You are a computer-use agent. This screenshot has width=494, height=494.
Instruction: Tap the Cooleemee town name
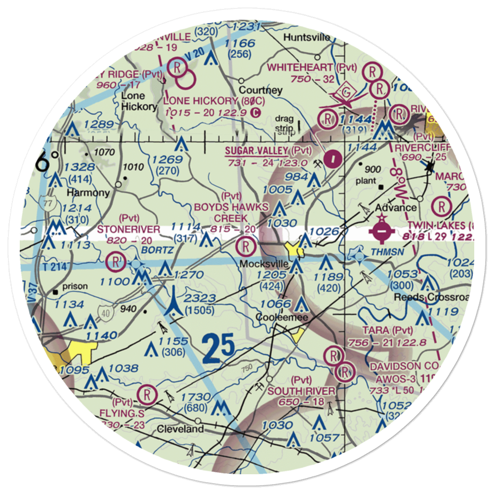(279, 318)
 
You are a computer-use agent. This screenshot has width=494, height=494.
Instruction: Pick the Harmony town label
(88, 192)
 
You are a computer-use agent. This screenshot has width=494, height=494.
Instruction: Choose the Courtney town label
(260, 90)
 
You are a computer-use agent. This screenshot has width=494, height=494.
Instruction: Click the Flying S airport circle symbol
(147, 394)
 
